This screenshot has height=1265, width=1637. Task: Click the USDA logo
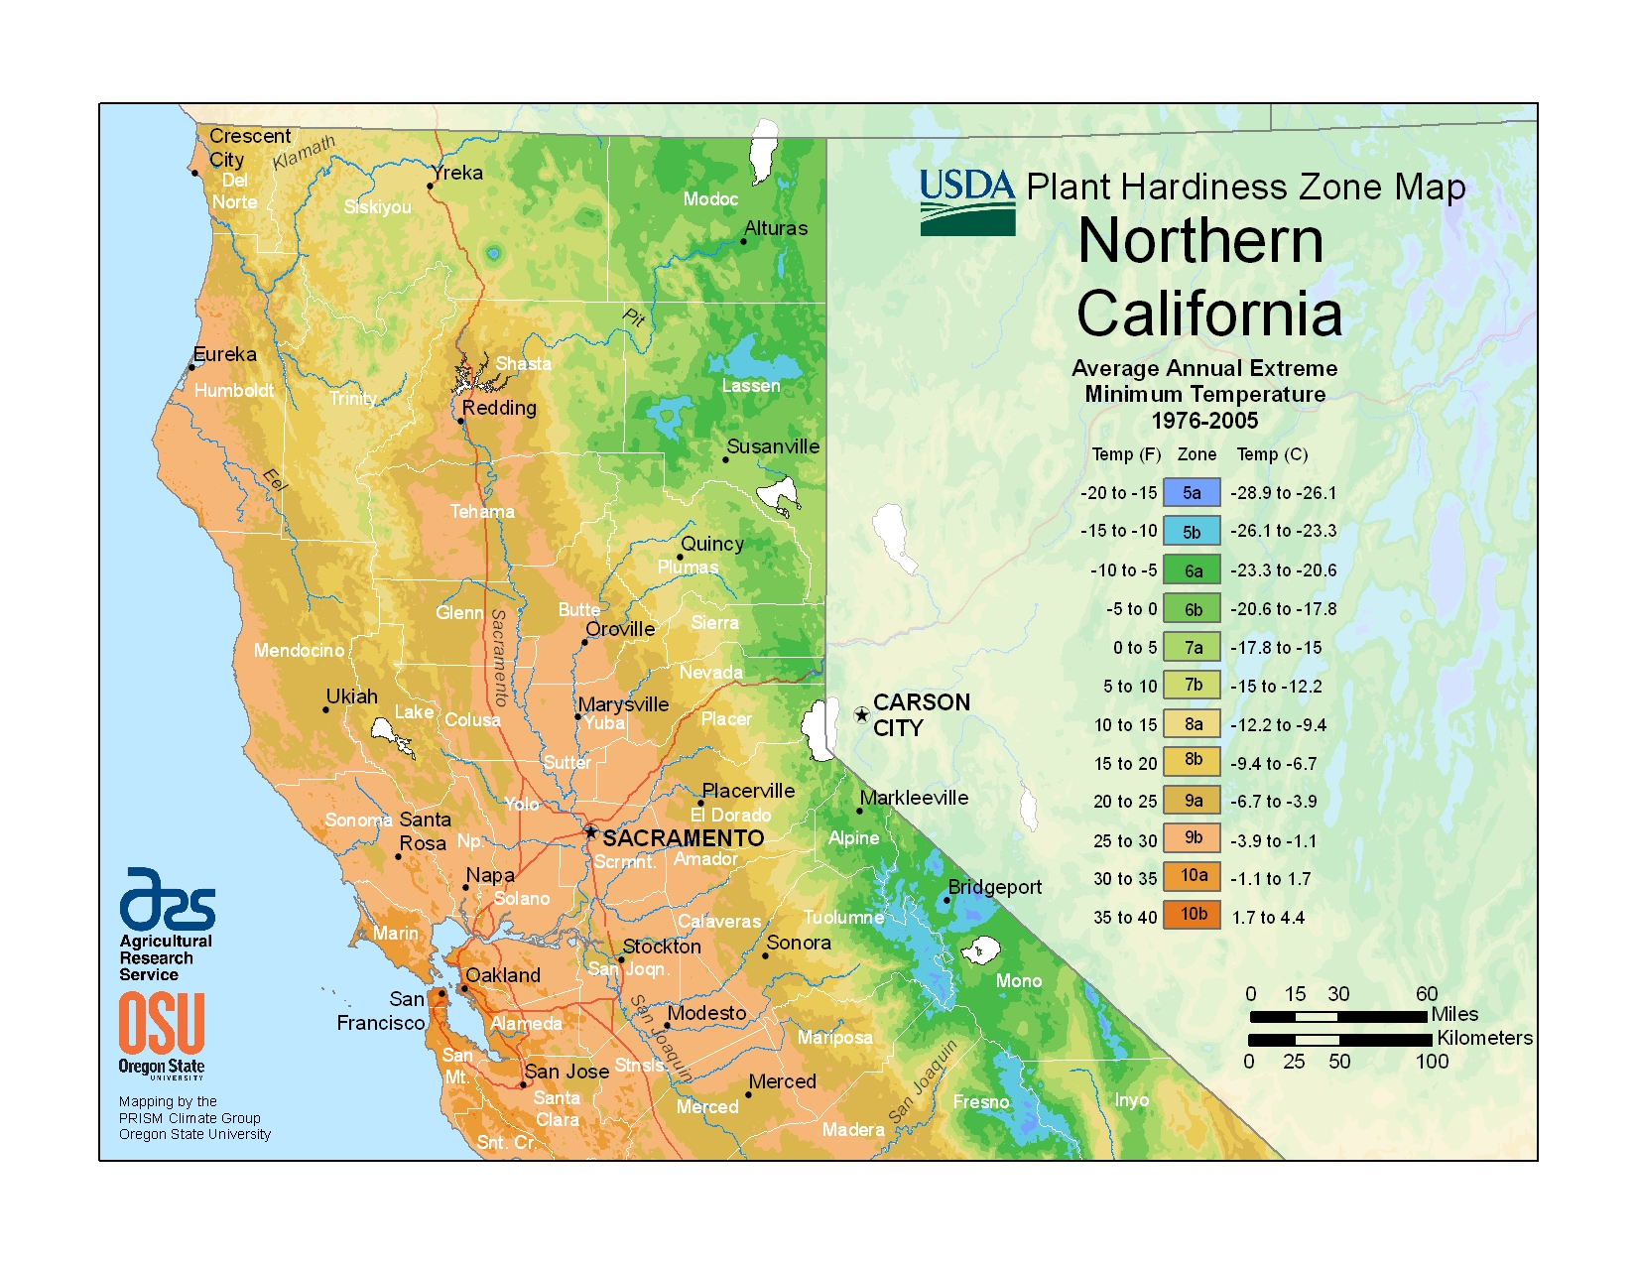(x=967, y=202)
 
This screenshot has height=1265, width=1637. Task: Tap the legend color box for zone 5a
(x=1192, y=493)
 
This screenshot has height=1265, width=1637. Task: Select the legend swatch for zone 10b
(x=1193, y=915)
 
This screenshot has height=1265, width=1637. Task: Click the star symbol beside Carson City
(x=861, y=715)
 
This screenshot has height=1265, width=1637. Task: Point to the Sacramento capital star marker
(x=591, y=832)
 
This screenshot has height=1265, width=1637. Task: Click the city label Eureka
(x=225, y=355)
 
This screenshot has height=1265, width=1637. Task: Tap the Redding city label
(x=499, y=408)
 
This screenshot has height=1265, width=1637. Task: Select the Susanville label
(x=773, y=446)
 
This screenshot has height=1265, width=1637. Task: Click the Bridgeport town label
(x=994, y=887)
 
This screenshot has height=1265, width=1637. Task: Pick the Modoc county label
(x=710, y=199)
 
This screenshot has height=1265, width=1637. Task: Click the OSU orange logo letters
(x=162, y=1024)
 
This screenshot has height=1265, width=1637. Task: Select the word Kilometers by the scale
(x=1484, y=1038)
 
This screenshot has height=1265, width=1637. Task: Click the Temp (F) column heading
(x=1126, y=454)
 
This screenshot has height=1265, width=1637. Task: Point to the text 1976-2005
(x=1204, y=421)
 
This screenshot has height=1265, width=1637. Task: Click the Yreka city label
(x=458, y=173)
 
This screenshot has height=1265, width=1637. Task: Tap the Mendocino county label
(x=299, y=651)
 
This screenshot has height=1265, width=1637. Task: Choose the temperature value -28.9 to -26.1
(x=1283, y=493)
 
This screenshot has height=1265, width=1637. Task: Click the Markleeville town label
(x=914, y=798)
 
